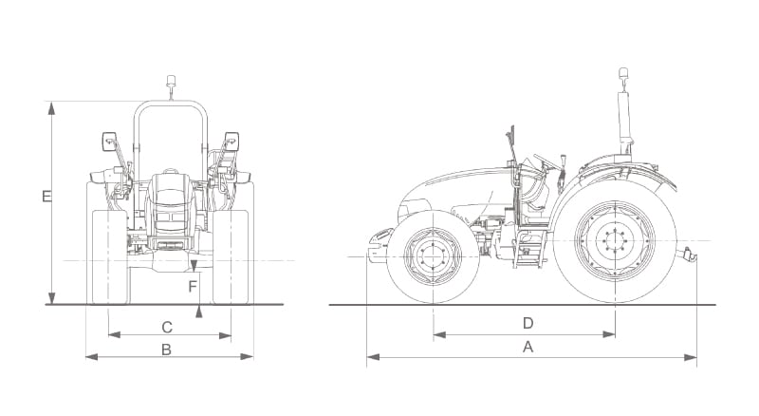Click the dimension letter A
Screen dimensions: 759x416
pos(528,347)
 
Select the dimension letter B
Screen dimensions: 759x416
pos(166,350)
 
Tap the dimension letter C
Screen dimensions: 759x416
pos(167,328)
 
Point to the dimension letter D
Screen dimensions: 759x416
pos(528,323)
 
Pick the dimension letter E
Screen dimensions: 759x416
pos(46,197)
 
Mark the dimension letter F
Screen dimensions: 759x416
pos(193,287)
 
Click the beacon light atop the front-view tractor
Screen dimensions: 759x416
pos(171,81)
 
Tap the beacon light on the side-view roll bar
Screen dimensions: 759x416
pos(623,74)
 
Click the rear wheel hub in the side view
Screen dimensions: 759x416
pos(615,240)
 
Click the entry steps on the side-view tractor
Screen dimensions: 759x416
pos(528,249)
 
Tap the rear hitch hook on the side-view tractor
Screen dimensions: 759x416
pos(690,254)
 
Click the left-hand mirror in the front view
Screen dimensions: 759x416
pos(109,142)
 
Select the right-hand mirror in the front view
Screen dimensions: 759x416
pos(231,142)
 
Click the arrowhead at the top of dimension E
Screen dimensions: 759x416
pos(51,108)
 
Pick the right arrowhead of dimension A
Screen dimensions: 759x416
pos(691,358)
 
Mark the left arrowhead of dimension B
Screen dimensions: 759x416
pos(92,357)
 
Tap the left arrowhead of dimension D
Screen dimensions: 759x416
pos(439,334)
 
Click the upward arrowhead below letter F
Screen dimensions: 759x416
pos(198,312)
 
